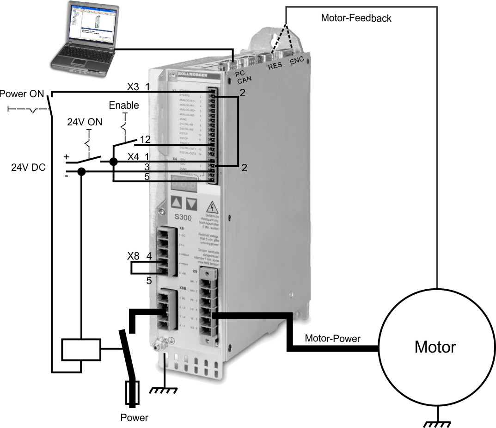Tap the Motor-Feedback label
[x=356, y=19]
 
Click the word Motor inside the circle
[x=435, y=346]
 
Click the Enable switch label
[x=123, y=105]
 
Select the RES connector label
[x=276, y=66]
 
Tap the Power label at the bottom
[x=135, y=418]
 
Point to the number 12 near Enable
[x=146, y=138]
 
